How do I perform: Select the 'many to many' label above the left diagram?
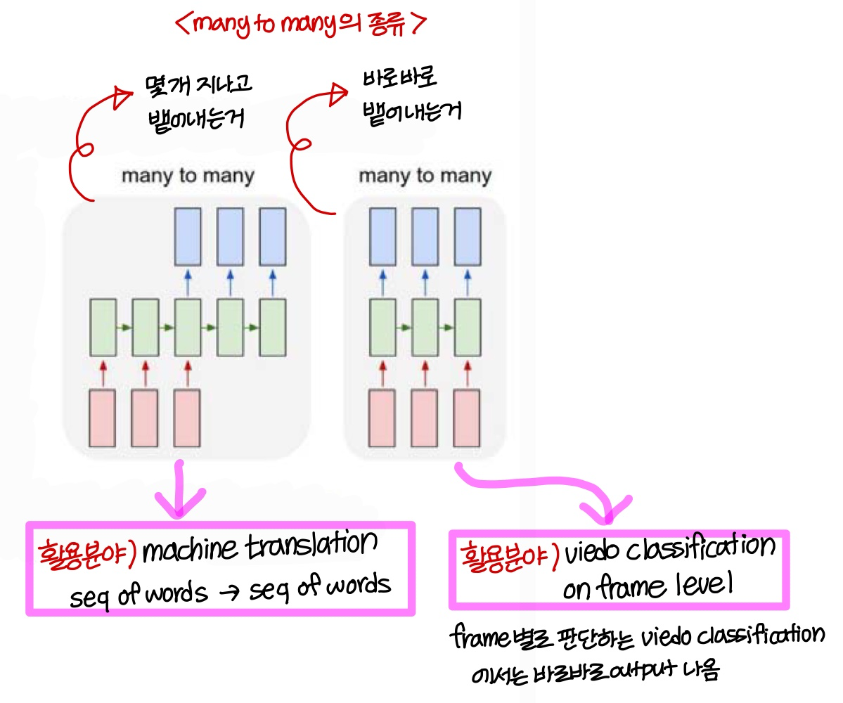click(188, 176)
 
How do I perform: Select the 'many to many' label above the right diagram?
click(425, 176)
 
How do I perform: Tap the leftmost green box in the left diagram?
click(103, 327)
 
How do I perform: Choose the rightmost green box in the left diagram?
click(272, 327)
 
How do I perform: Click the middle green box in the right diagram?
click(425, 327)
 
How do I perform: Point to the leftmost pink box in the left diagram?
click(103, 418)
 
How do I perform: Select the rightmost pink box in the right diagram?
click(467, 418)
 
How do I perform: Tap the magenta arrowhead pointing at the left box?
click(182, 505)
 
